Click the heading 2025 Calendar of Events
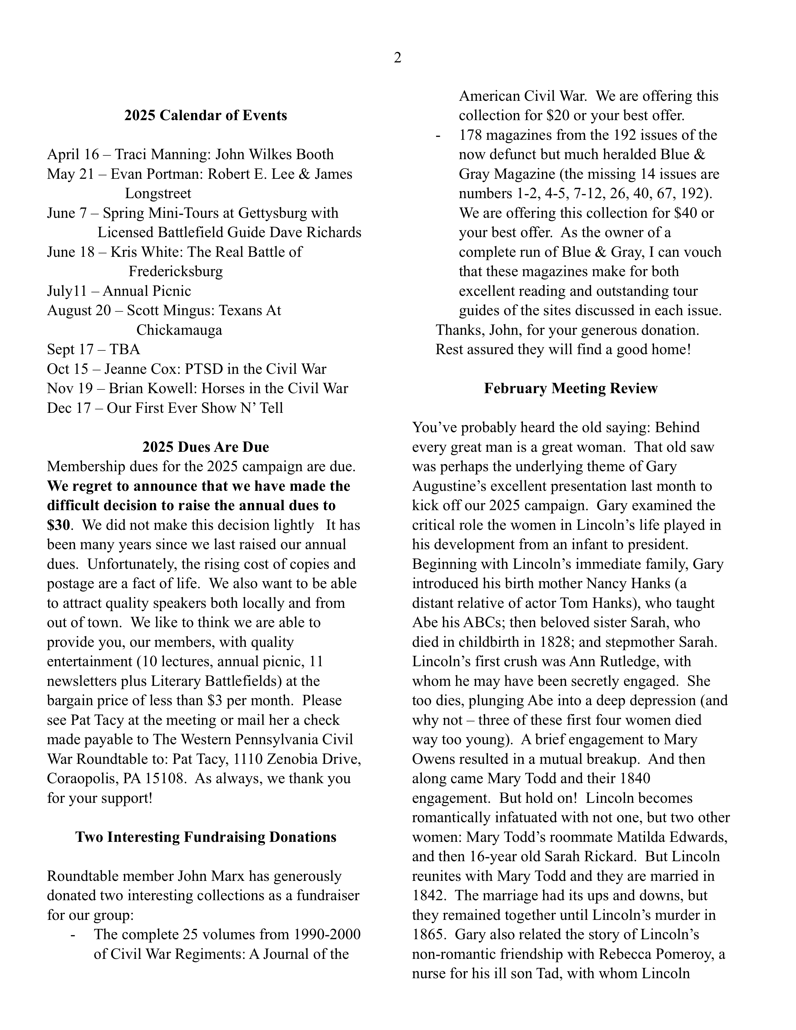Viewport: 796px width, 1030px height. coord(205,115)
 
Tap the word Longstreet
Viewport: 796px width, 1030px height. coord(158,193)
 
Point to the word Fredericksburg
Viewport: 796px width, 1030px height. coord(175,272)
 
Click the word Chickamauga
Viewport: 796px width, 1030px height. coord(179,330)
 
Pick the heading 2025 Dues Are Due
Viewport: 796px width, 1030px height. coord(205,447)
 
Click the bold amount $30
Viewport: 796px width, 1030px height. coord(58,525)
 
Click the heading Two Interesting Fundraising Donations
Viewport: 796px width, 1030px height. coord(205,837)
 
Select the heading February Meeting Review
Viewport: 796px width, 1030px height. coord(570,388)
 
